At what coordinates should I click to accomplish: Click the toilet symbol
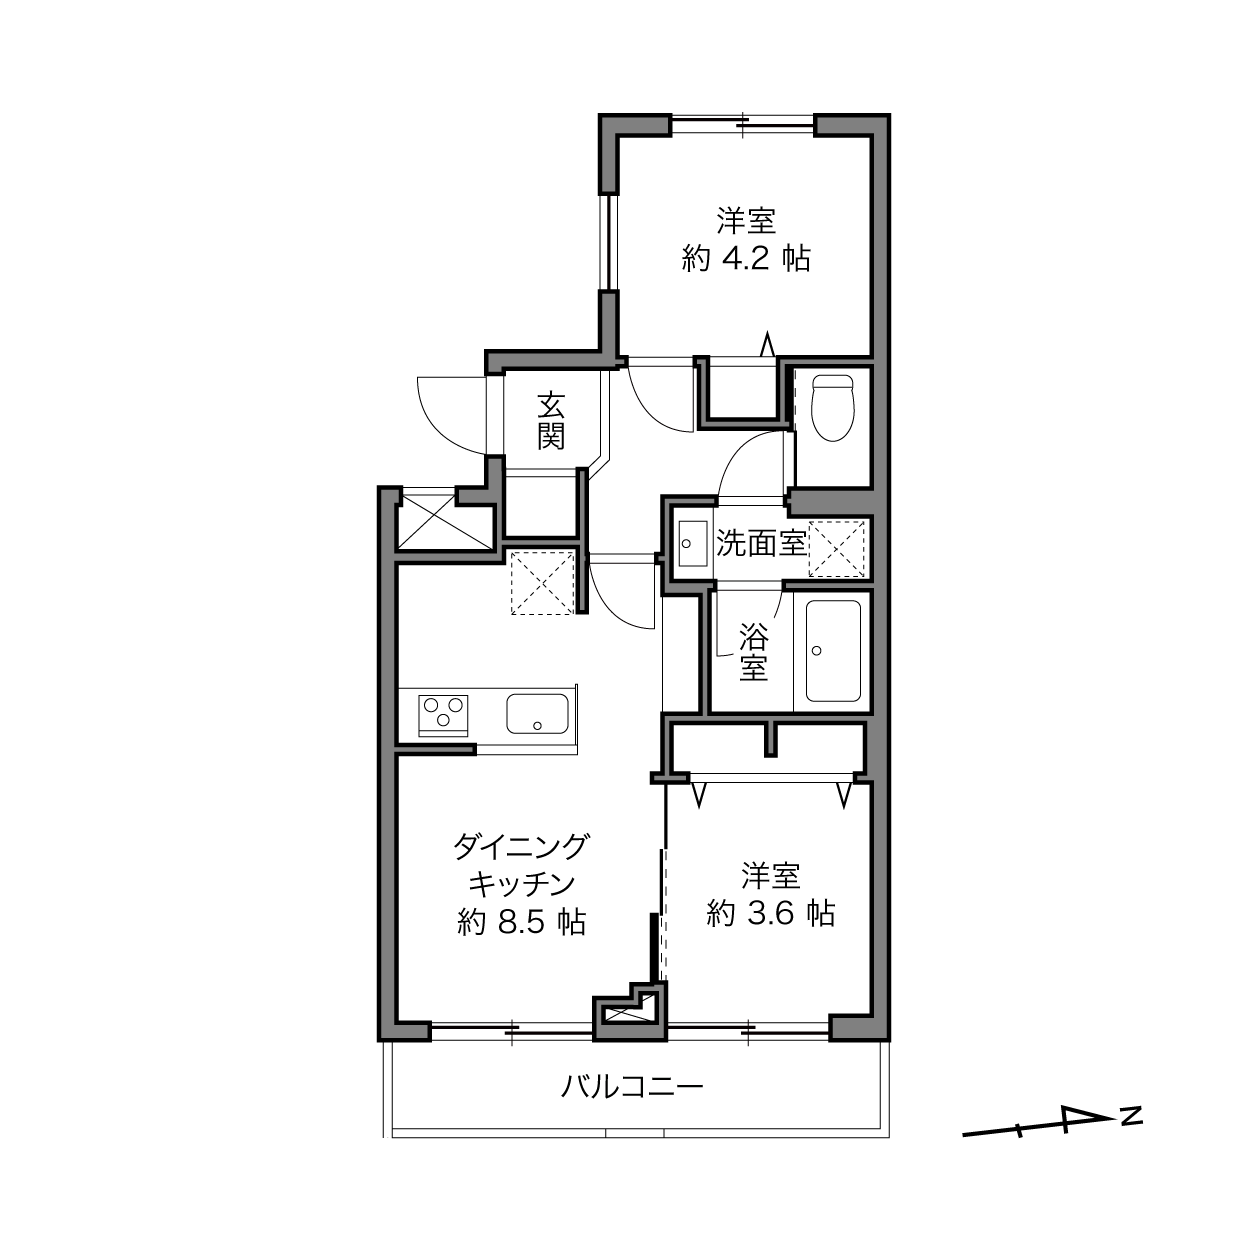coord(833,407)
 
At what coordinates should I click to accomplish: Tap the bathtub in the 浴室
coord(833,651)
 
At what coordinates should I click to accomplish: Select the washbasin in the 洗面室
coord(693,543)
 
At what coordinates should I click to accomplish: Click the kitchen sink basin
coord(537,713)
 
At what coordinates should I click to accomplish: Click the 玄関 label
coord(550,420)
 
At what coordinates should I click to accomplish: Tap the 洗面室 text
coord(761,543)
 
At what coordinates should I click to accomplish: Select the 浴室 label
coord(754,652)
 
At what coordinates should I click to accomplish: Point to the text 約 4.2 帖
coord(746,259)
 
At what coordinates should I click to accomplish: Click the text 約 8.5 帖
coord(522,922)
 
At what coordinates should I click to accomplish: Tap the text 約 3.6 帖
coord(771,913)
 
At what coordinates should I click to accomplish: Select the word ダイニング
coord(521,847)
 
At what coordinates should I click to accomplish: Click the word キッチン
coord(522,884)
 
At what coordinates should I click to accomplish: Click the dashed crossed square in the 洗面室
coord(836,549)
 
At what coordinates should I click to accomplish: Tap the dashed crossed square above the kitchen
coord(542,582)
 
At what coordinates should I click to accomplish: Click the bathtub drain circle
coord(817,650)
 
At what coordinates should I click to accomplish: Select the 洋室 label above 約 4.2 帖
coord(747,220)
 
